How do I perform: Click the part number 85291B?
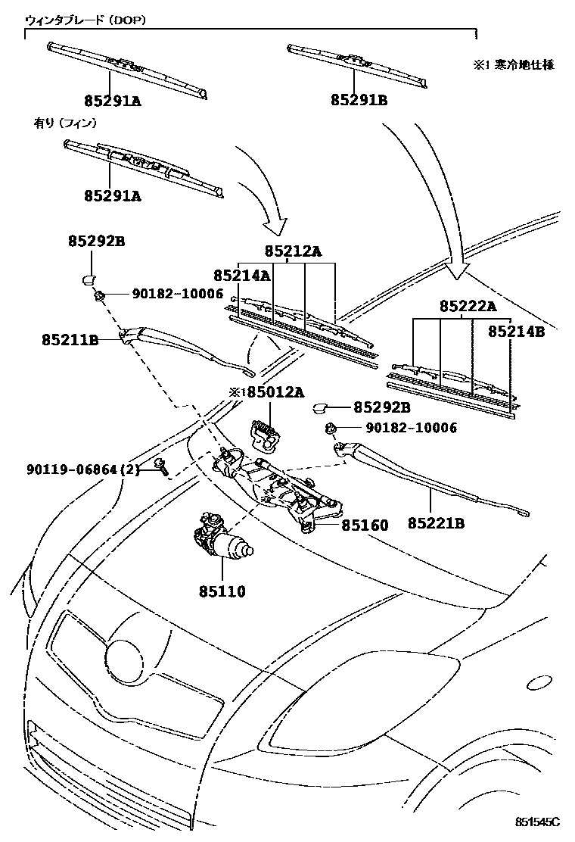358,99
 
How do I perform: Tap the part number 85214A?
241,276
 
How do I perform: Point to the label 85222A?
468,307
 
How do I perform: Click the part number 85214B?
517,331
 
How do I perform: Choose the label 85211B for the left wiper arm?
70,341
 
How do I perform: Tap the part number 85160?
364,525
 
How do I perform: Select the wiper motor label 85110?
222,591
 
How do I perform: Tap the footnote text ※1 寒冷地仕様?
514,65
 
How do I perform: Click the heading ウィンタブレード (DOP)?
85,20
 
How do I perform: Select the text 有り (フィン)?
65,122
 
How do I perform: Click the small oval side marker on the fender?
542,682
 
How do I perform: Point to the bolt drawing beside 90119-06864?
161,466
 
